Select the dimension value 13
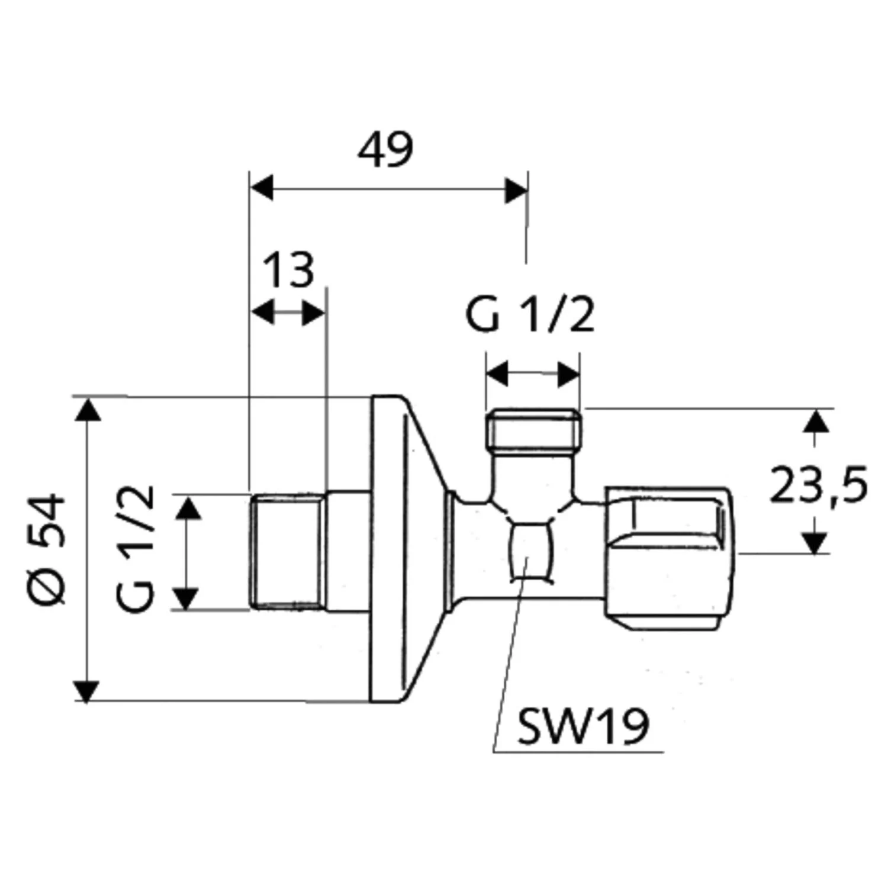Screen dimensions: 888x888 tap(288, 270)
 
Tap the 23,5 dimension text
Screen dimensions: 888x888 tap(818, 485)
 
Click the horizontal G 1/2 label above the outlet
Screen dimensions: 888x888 tap(530, 315)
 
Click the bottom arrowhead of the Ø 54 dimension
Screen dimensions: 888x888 tap(87, 690)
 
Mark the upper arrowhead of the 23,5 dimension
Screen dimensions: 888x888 tap(816, 420)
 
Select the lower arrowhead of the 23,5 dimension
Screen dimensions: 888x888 tap(816, 542)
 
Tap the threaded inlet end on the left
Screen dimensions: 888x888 tap(286, 551)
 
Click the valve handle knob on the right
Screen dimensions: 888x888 tap(668, 558)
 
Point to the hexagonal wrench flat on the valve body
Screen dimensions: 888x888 tap(530, 551)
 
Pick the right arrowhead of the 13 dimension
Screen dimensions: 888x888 tap(314, 312)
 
